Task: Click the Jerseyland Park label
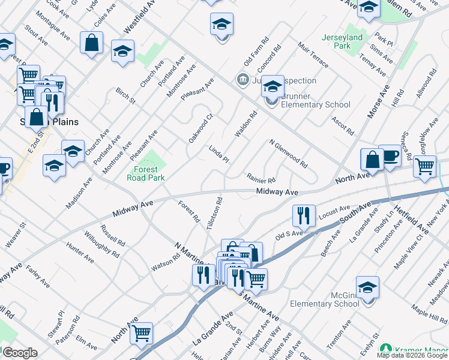[344, 41]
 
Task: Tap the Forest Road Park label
[145, 173]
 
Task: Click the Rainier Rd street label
[261, 178]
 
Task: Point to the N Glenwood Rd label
[288, 154]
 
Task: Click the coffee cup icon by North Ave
[390, 156]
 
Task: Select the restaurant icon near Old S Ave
[304, 216]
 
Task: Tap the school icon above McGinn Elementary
[367, 287]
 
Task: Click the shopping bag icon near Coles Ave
[91, 43]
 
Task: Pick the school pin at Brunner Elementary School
[272, 87]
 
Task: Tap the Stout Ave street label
[36, 35]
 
